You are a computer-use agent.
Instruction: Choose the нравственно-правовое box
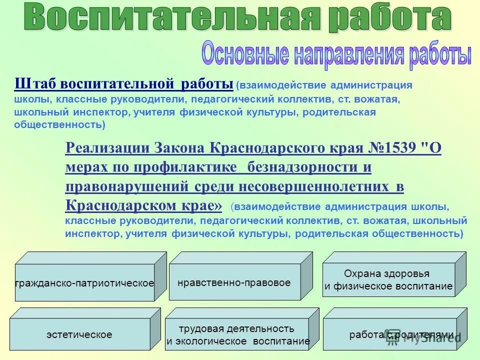point(234,282)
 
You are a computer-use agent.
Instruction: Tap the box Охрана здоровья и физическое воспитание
point(388,280)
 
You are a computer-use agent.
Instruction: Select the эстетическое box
point(79,334)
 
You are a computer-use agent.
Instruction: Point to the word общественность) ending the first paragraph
point(60,124)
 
